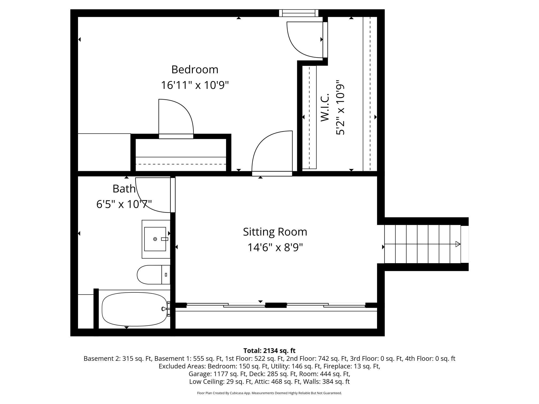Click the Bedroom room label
click(x=195, y=70)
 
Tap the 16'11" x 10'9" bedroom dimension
click(x=195, y=85)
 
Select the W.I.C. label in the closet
click(x=325, y=107)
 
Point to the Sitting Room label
click(x=275, y=232)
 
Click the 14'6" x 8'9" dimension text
click(x=275, y=247)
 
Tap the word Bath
click(x=124, y=189)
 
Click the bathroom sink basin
click(x=155, y=239)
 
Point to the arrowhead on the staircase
click(x=458, y=244)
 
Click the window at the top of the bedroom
click(x=299, y=13)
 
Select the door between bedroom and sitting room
click(x=272, y=153)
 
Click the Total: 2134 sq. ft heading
click(x=269, y=351)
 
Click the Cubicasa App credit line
click(x=269, y=393)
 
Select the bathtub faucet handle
click(x=164, y=309)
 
